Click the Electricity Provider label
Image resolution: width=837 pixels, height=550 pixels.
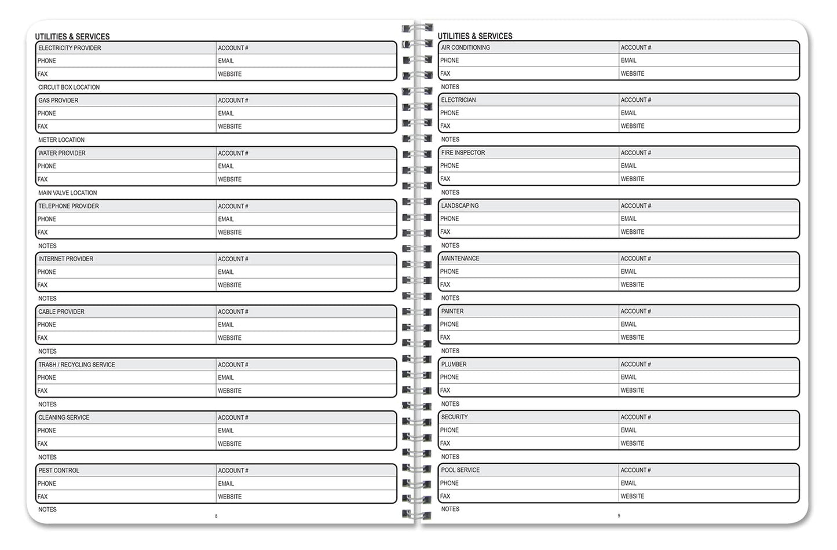click(70, 48)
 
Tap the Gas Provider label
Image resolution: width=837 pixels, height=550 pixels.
click(58, 101)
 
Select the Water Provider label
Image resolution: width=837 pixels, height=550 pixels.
click(61, 153)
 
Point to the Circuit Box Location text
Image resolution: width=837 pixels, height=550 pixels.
click(69, 87)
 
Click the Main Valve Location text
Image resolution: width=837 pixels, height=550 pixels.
click(67, 193)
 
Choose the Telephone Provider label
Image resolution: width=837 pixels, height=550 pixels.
click(68, 206)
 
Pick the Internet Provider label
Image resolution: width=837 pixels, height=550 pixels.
click(65, 259)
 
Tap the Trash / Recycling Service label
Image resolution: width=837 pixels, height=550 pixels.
click(76, 365)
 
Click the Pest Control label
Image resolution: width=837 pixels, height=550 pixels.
click(59, 471)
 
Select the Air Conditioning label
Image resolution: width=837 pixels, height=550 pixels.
click(465, 47)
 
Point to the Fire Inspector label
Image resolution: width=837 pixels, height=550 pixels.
click(463, 153)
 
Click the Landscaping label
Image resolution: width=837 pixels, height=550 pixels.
click(459, 206)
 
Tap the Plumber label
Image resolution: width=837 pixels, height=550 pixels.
click(454, 364)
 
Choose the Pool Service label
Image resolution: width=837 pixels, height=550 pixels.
click(460, 470)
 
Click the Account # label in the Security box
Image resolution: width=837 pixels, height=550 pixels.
click(635, 417)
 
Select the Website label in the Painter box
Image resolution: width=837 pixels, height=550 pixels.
click(632, 338)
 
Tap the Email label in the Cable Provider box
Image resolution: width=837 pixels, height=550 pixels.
click(226, 325)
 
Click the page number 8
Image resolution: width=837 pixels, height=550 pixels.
click(216, 516)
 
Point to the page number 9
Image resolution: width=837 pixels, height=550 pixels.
click(619, 515)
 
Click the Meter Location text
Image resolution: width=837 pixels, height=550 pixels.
click(61, 140)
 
